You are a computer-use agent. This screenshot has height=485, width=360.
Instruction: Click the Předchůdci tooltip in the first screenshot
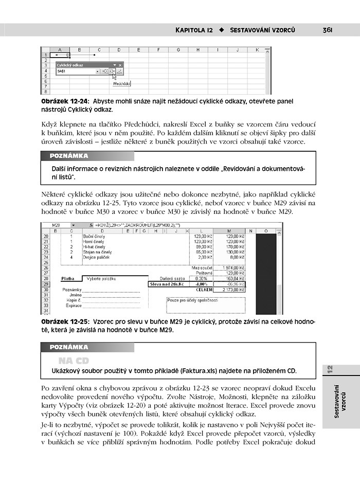(122, 82)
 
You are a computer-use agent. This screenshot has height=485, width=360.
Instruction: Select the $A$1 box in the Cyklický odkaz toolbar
(77, 71)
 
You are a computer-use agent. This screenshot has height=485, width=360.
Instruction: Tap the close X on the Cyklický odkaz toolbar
(121, 65)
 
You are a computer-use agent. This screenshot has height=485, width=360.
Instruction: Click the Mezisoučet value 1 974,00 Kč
(230, 268)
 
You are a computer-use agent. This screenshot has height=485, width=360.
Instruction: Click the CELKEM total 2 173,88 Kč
(230, 290)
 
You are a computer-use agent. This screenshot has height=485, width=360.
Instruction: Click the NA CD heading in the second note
(73, 361)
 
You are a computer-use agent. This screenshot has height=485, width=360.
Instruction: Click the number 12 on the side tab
(330, 369)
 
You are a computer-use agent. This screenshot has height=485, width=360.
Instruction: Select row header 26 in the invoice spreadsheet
(46, 268)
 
